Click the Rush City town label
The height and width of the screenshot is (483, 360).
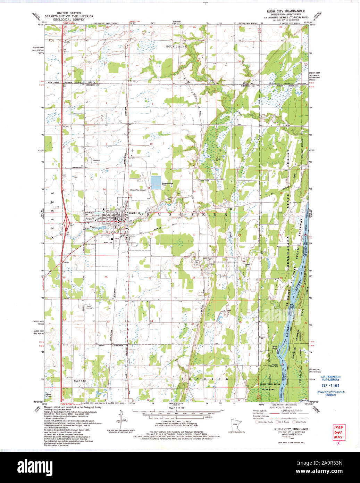[x=135, y=213]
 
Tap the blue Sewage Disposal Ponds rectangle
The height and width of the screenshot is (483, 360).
[x=156, y=182]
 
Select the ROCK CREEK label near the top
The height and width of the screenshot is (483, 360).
[x=176, y=46]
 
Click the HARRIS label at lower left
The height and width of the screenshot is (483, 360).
[x=79, y=380]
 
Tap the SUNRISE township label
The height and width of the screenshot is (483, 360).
[x=209, y=378]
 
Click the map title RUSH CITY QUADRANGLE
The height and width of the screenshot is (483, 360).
[x=285, y=11]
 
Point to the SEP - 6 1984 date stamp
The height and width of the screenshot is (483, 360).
[x=330, y=386]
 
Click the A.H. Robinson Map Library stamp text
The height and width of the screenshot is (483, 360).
[x=330, y=378]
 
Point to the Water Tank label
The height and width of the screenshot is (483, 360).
[x=108, y=243]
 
